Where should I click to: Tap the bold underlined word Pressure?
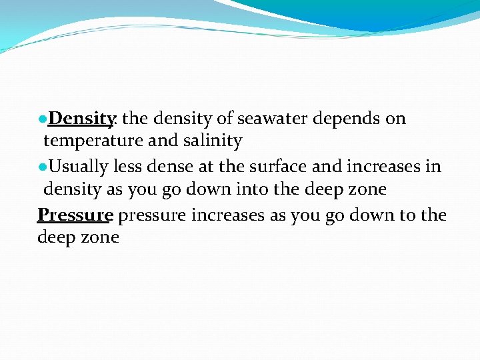[x=75, y=215]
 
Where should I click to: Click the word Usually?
[x=78, y=165]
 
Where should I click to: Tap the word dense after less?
[x=169, y=165]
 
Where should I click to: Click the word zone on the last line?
[x=99, y=237]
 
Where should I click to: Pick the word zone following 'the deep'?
[x=366, y=189]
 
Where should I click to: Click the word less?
[x=129, y=165]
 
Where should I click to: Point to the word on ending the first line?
[x=395, y=119]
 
